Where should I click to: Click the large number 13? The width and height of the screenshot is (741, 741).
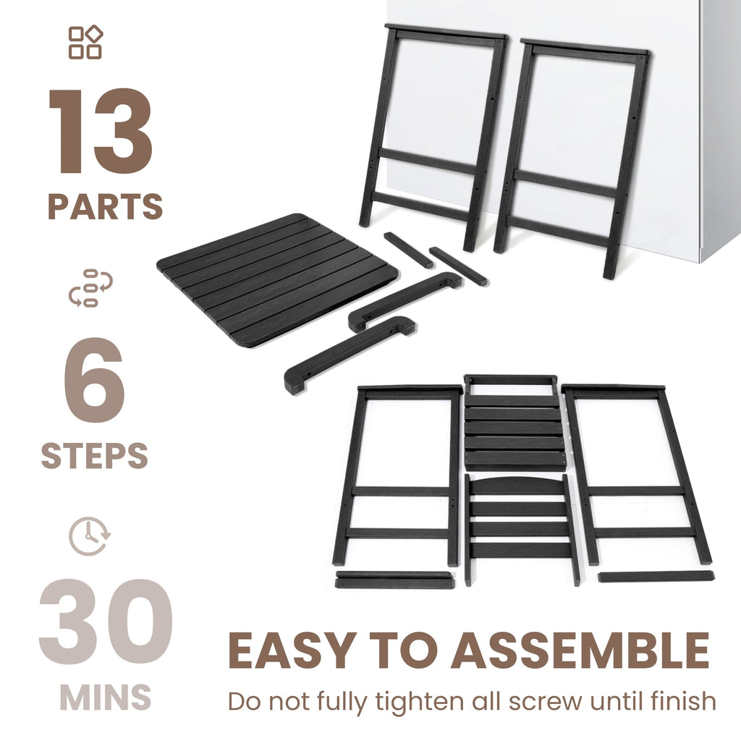tap(100, 131)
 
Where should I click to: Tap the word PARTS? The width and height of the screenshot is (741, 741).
tap(106, 206)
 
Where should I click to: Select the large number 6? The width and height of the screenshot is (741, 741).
tap(95, 380)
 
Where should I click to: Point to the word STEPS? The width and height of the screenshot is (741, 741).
tap(95, 455)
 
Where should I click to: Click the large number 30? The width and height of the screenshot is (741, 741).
tap(106, 622)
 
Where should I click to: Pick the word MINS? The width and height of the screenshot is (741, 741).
tap(106, 697)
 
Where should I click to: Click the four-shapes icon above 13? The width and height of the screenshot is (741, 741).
tap(85, 42)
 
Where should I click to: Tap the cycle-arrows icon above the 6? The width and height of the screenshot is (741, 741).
tap(90, 288)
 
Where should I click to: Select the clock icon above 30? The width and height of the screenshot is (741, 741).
tap(90, 536)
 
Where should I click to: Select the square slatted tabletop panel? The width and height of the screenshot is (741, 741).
tap(278, 280)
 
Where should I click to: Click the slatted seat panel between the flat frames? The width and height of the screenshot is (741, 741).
tap(515, 423)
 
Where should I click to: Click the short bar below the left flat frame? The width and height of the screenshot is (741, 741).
tap(394, 580)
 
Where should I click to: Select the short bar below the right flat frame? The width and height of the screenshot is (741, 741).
tap(656, 577)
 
